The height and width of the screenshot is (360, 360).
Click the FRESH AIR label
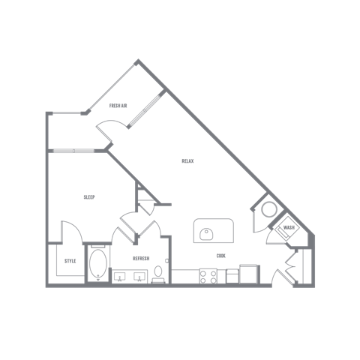coord(118,106)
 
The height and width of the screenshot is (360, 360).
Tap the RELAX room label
coord(187,161)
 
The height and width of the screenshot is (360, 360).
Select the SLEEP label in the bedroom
coord(89,197)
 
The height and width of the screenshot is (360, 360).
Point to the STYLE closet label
coord(70,261)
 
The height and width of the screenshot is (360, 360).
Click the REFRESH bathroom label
coord(141,259)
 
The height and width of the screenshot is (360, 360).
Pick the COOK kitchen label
coord(221,256)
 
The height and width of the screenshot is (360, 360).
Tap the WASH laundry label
coord(289,228)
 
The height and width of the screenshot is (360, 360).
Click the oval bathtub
coord(98,263)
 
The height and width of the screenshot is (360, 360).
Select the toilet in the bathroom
coord(158,274)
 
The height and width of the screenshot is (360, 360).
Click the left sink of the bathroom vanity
coord(120,277)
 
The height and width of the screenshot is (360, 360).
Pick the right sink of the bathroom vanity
coord(139,277)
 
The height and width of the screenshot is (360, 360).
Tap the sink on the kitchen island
coord(206,234)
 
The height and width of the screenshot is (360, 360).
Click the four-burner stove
coord(208,277)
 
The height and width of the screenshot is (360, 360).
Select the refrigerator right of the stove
coord(248,274)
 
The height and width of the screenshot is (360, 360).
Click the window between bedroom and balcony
coord(73,151)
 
